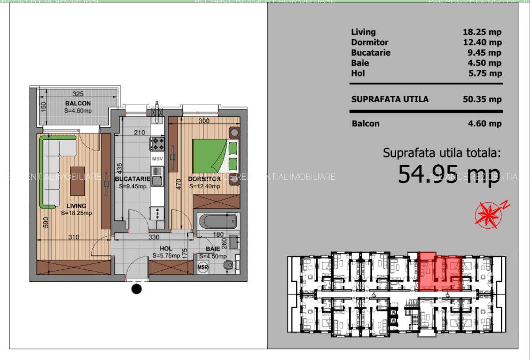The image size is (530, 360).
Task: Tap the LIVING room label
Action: click(76, 205)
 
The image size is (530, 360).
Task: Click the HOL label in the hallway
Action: click(166, 248)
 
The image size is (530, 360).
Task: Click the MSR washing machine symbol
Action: click(203, 267)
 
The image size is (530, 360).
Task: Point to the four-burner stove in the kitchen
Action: click(157, 144)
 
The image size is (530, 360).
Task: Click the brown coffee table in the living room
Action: click(78, 180)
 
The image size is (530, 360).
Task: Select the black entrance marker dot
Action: click(137, 289)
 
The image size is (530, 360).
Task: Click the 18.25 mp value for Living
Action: click(482, 32)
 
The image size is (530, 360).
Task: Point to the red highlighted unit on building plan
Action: click(439, 272)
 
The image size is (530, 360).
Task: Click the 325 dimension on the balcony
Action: click(78, 94)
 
